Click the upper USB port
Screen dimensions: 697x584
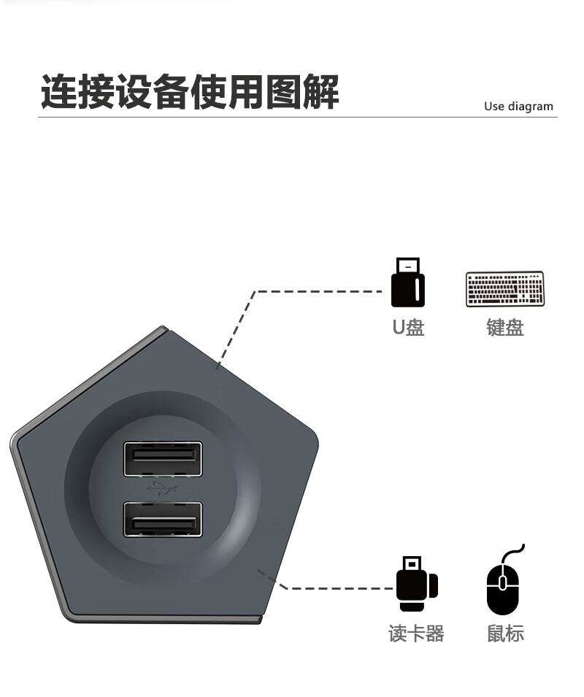coord(163,459)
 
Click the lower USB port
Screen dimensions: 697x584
coord(163,519)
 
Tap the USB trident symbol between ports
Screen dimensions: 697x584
coord(162,488)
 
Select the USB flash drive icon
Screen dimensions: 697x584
coord(407,282)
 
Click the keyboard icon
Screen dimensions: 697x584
coord(504,289)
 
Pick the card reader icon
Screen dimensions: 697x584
coord(416,585)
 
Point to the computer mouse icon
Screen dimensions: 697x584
coord(502,589)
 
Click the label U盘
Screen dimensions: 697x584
coord(408,327)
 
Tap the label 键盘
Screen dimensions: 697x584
coord(505,327)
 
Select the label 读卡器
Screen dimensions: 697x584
coord(416,633)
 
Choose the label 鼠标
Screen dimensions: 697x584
coord(505,633)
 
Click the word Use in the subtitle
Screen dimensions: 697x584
coord(494,107)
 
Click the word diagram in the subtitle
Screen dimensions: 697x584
coord(531,107)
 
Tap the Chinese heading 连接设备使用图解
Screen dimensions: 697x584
coord(190,92)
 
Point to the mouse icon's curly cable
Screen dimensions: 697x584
coord(516,552)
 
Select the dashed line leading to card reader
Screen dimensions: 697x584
coord(336,588)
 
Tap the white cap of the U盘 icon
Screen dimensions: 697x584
coord(407,265)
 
